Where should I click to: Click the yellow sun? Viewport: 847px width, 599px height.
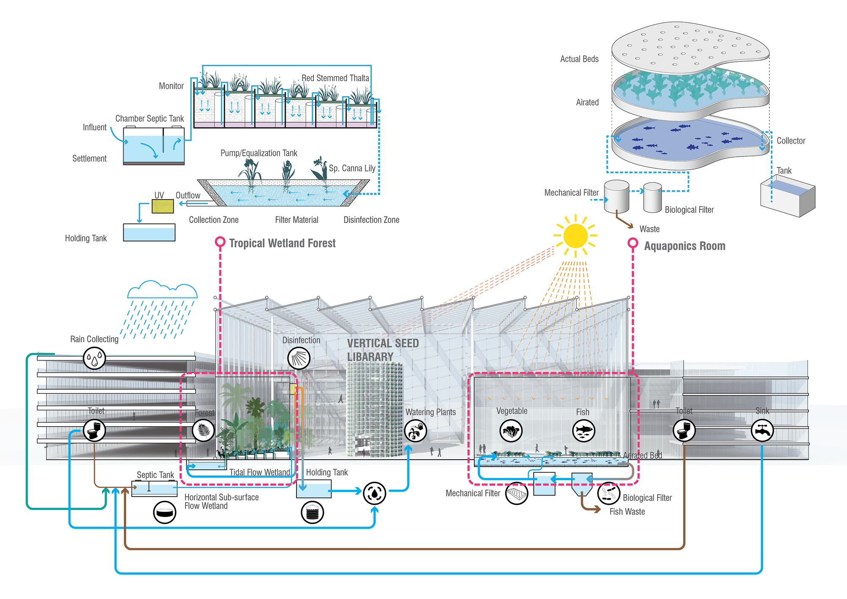point(576,236)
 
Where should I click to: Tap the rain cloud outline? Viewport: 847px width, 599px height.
point(162,290)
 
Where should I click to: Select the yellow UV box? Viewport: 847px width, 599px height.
point(163,206)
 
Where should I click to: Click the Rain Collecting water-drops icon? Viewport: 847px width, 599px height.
point(94,358)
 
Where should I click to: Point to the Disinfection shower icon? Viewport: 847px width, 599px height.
point(299,358)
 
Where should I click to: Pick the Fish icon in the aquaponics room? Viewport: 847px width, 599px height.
point(583,431)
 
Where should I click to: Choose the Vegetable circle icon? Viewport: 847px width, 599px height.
point(511,431)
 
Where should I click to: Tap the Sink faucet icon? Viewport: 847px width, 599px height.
point(762,431)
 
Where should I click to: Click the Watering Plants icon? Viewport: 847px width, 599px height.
point(415,431)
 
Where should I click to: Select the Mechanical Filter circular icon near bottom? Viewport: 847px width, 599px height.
point(517,494)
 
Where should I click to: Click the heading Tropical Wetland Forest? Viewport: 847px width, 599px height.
point(282,243)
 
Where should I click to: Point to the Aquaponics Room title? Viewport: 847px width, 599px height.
point(684,246)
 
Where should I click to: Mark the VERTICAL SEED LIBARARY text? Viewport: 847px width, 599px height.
point(382,350)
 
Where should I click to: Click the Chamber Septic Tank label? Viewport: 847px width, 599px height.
point(149,119)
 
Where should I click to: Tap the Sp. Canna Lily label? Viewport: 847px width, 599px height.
point(352,168)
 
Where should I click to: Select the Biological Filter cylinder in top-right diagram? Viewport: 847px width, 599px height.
point(652,197)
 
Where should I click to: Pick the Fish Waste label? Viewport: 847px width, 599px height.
point(627,512)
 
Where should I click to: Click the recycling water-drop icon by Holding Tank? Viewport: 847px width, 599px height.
point(374,493)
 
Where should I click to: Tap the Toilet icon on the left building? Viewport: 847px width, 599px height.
point(94,431)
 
